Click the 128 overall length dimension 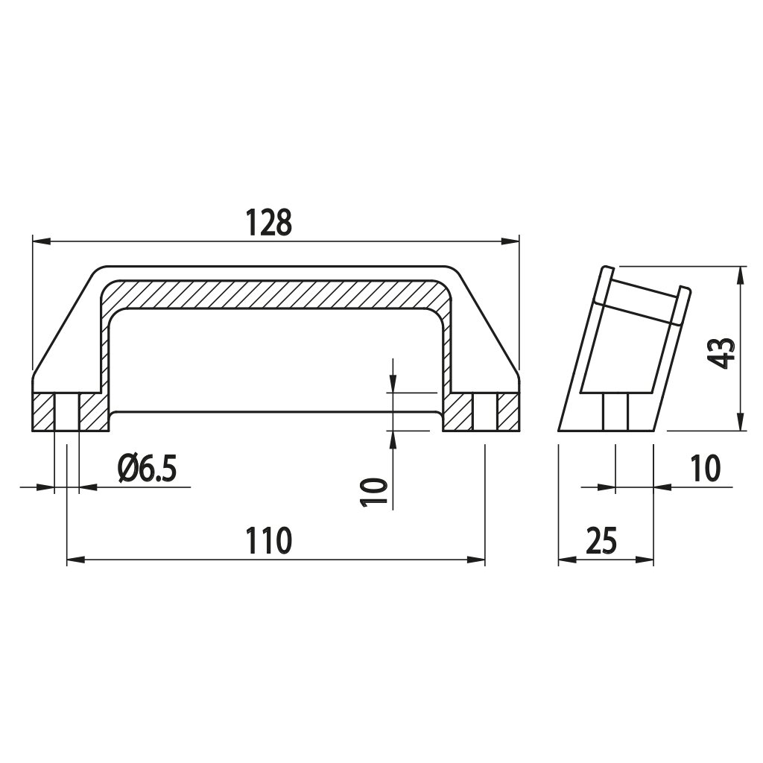[x=268, y=222]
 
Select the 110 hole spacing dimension [x=268, y=541]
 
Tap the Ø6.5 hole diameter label [x=148, y=469]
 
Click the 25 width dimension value [x=601, y=541]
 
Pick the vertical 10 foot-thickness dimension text [x=374, y=493]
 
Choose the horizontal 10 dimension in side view [x=705, y=469]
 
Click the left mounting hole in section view [x=66, y=411]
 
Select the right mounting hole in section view [x=484, y=411]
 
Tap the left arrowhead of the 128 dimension [x=41, y=241]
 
